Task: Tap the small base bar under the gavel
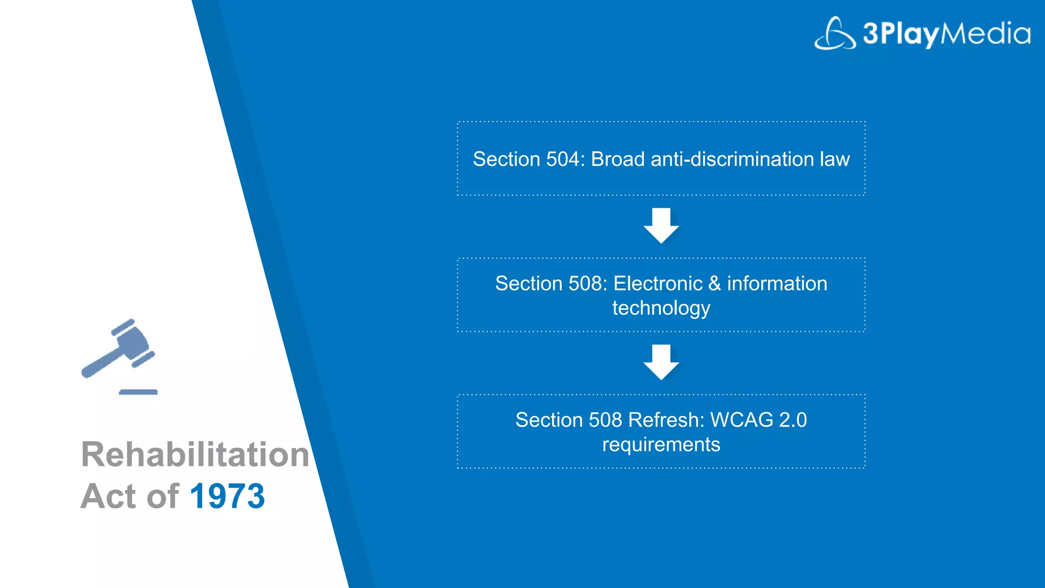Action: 138,392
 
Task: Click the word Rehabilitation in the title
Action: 195,454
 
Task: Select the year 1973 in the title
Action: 227,496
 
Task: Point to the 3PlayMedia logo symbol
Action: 835,34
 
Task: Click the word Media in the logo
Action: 985,33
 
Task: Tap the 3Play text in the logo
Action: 901,34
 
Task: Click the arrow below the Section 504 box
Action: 661,225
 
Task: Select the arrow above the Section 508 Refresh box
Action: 661,362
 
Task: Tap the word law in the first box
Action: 835,159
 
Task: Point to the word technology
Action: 661,309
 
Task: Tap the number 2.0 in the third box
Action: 793,420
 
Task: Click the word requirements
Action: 661,445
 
